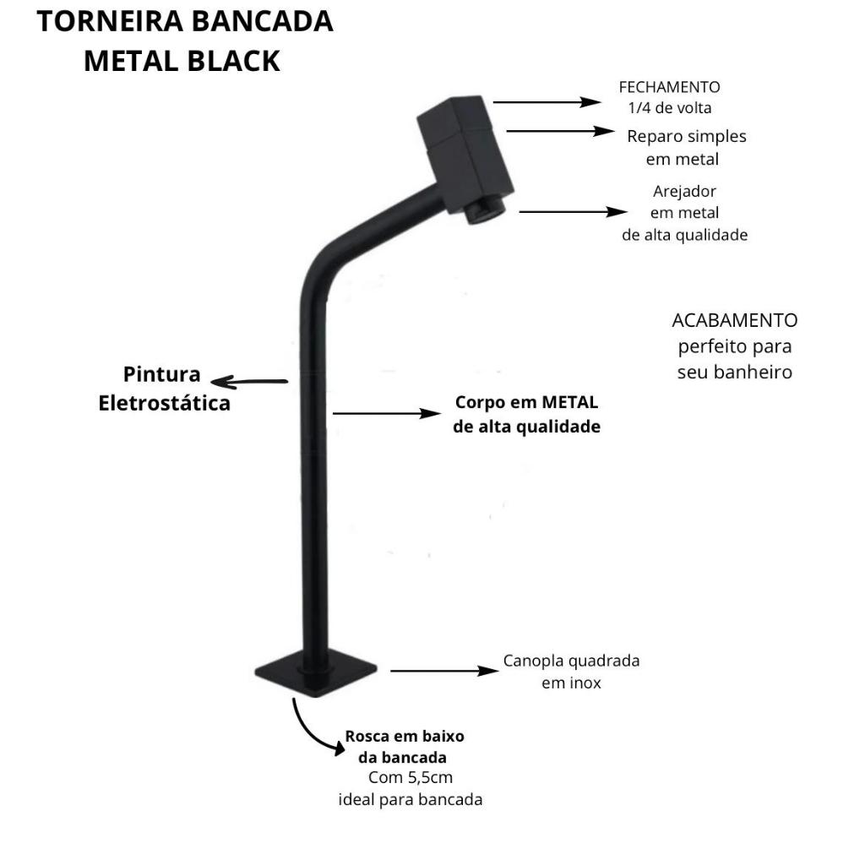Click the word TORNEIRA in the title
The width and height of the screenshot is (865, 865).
(110, 22)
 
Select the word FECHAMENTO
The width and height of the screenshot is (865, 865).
(669, 87)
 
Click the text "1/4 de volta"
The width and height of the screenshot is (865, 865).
(670, 108)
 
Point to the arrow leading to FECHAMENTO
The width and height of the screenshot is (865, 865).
(547, 102)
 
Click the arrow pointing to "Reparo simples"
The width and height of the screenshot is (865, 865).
(561, 131)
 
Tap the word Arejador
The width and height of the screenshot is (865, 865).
(684, 192)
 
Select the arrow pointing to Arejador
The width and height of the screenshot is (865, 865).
(574, 212)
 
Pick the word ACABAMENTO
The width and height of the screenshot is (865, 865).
(734, 320)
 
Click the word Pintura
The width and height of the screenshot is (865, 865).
(161, 374)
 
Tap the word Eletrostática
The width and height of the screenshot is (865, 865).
(165, 403)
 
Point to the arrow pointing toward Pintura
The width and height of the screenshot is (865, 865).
(249, 382)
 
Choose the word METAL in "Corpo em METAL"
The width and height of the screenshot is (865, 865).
(570, 402)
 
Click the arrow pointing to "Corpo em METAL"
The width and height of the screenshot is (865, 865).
(387, 413)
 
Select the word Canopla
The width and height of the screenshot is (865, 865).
(533, 661)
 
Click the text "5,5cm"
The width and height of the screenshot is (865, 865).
(430, 778)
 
